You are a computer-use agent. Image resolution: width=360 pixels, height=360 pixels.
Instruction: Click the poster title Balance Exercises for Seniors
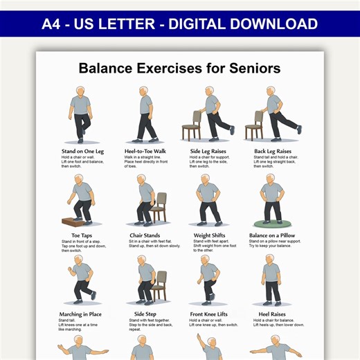[x=179, y=69]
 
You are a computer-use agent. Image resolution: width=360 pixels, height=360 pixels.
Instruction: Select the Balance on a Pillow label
[x=277, y=235]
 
